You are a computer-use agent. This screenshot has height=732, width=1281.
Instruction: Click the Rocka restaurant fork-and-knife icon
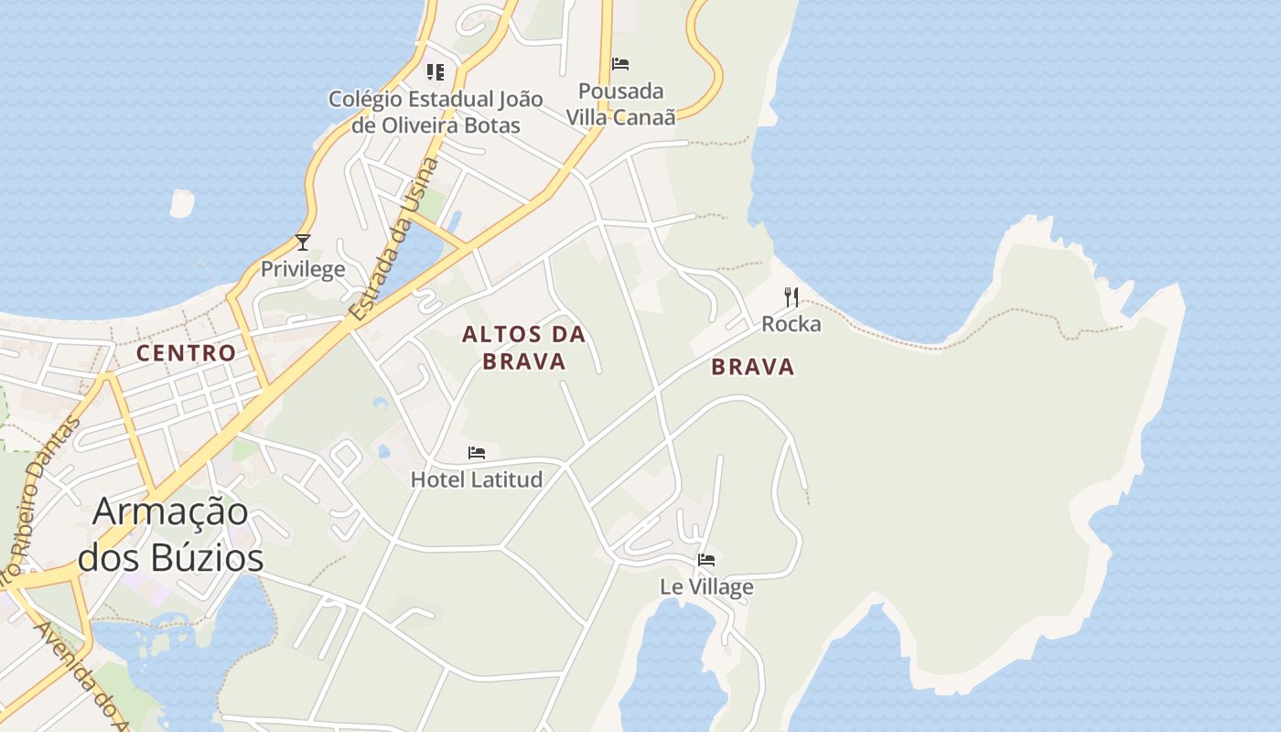(791, 297)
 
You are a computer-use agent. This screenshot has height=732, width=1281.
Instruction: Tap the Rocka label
(791, 324)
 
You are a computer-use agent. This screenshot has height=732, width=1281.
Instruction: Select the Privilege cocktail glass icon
(303, 242)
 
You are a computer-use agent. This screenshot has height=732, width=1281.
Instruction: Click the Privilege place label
(303, 269)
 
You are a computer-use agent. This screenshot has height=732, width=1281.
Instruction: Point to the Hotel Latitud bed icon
(477, 453)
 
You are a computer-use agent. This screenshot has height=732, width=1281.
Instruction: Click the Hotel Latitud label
(477, 479)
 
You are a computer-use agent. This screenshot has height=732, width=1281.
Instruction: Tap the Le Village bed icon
(706, 560)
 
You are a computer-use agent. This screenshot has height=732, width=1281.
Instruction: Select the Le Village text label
(706, 587)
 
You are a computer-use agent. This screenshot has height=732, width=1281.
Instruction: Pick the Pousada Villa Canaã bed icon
(620, 64)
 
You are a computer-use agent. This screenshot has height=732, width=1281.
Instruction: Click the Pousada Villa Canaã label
(620, 104)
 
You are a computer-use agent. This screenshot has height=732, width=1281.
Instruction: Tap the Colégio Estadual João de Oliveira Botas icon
(436, 71)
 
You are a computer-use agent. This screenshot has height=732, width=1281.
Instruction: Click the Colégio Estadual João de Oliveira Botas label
(436, 112)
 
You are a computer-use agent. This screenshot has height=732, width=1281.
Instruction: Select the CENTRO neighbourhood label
(186, 352)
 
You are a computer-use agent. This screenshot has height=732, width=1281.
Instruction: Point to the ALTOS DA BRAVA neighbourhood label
(524, 348)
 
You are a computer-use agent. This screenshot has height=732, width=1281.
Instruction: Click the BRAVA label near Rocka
(753, 368)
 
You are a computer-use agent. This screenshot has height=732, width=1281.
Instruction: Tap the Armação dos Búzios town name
(171, 533)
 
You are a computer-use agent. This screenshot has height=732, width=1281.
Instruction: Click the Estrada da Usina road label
(394, 240)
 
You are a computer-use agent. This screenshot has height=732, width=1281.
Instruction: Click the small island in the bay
(182, 204)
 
